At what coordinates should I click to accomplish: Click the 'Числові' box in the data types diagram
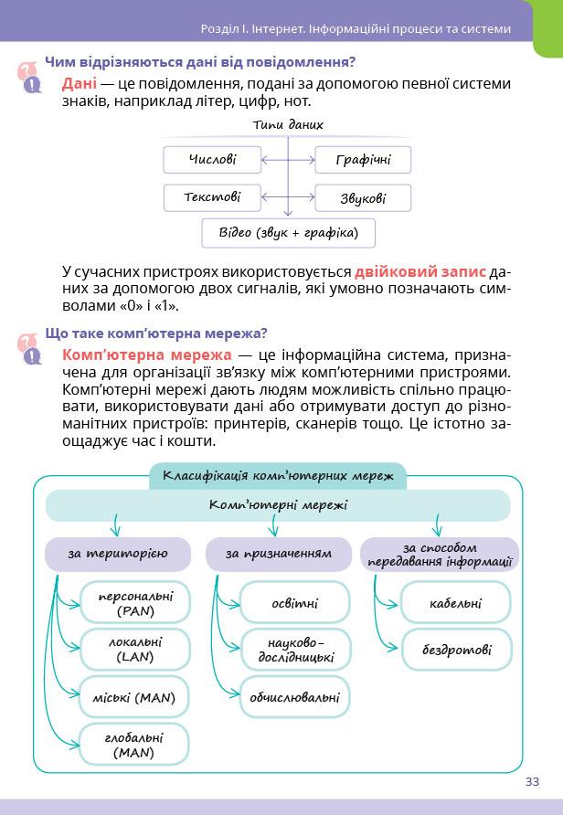(x=212, y=160)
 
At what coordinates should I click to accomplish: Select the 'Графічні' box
(x=363, y=160)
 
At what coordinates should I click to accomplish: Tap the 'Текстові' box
(x=212, y=197)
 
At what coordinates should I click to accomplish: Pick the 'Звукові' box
(x=363, y=198)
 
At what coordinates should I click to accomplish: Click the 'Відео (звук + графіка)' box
(x=289, y=232)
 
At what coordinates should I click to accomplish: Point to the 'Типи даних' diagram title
(x=288, y=124)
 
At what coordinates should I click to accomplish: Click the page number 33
(x=532, y=781)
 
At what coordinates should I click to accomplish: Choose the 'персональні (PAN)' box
(x=135, y=602)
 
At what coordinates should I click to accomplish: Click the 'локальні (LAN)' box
(x=135, y=649)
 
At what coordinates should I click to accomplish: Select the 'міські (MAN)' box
(x=134, y=698)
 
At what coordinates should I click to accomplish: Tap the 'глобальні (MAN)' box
(x=134, y=745)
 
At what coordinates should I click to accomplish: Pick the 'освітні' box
(x=294, y=603)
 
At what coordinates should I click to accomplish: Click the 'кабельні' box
(x=455, y=603)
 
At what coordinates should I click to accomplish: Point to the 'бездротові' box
(x=456, y=651)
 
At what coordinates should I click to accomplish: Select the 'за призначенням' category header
(x=278, y=554)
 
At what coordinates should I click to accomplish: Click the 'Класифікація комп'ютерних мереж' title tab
(x=278, y=475)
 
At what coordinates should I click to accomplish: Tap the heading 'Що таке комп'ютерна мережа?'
(x=156, y=333)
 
